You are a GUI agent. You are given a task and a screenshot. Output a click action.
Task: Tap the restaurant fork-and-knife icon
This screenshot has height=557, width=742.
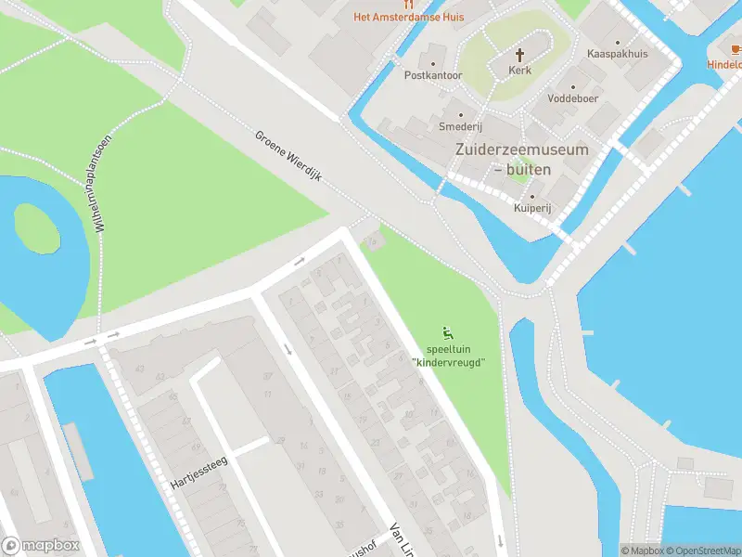click(408, 4)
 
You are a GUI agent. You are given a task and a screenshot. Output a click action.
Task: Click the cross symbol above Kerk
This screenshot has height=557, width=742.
click(520, 54)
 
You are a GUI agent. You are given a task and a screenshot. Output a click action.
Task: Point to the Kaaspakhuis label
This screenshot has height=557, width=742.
click(618, 54)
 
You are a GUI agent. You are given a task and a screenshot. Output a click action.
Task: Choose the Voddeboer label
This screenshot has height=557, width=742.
click(571, 97)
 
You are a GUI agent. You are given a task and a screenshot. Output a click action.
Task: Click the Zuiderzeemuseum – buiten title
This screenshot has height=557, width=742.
click(521, 159)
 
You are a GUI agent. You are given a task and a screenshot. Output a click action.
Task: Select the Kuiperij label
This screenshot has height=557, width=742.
click(532, 209)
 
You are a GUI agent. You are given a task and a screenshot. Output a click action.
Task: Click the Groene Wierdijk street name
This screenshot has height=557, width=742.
click(288, 156)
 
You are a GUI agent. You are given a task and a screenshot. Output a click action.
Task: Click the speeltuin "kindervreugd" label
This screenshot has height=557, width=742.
click(449, 356)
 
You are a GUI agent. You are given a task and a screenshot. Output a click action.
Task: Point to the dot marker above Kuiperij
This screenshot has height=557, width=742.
click(531, 197)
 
